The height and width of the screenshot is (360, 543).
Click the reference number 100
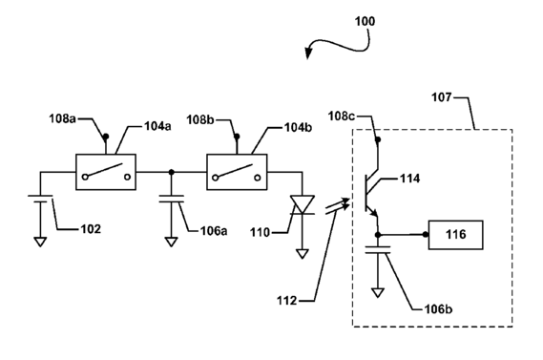(365, 21)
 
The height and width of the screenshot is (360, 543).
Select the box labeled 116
(456, 235)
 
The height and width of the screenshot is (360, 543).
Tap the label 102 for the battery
(91, 229)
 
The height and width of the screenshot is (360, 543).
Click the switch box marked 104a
(106, 172)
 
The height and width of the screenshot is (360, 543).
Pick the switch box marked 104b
(237, 172)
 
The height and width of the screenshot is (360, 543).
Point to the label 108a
(62, 118)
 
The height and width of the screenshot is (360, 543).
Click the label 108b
(200, 120)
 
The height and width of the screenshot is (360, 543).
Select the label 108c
(342, 116)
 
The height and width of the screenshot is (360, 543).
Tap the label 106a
(214, 231)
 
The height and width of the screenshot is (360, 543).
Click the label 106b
(438, 308)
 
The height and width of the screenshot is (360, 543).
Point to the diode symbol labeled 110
(303, 204)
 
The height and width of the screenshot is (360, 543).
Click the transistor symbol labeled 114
(372, 194)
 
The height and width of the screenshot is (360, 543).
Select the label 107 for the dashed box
(442, 97)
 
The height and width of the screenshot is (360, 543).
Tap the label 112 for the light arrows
(286, 301)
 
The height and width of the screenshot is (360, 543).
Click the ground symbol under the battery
(40, 242)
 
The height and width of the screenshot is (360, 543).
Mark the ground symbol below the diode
(303, 254)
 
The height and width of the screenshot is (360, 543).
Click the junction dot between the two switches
(171, 172)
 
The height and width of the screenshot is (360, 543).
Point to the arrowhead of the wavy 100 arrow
(307, 54)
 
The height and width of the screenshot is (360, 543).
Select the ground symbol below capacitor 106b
(378, 293)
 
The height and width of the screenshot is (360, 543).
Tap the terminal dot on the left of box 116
(426, 235)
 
